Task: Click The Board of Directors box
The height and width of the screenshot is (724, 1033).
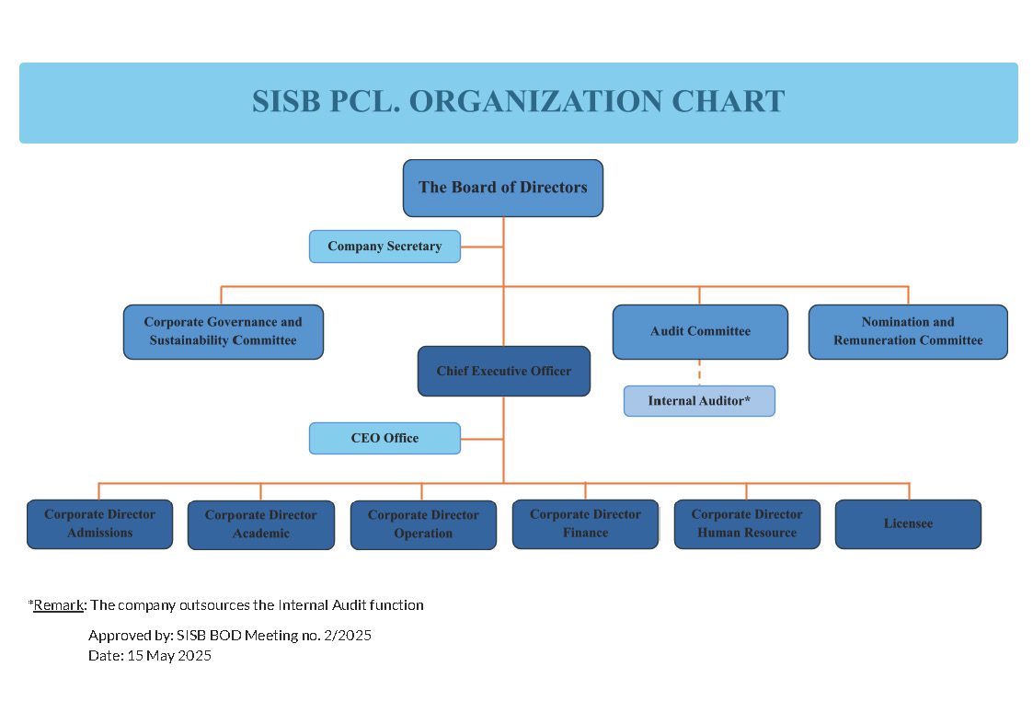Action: coord(502,188)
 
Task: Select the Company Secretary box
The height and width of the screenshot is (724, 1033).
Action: coord(385,247)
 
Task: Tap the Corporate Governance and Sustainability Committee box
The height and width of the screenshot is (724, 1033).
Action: coord(224,331)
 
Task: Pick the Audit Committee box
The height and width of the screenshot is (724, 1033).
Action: coord(700,331)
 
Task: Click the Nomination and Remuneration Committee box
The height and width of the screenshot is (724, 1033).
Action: coord(908,331)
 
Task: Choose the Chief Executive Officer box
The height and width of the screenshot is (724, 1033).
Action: coord(504,371)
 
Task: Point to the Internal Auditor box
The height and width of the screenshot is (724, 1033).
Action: coord(699,401)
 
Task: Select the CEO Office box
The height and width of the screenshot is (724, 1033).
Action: coord(385,438)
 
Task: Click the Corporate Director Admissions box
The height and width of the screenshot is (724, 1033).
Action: coord(99,523)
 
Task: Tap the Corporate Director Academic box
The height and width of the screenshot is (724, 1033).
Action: coord(261,524)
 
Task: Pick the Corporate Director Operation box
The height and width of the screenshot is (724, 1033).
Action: coord(423,524)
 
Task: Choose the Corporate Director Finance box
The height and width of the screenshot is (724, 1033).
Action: coord(585,523)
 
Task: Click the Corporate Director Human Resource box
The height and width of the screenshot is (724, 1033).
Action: coord(747,523)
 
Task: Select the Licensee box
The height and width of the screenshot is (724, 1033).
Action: coord(908,523)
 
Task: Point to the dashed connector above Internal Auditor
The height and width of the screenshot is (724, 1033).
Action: coord(699,373)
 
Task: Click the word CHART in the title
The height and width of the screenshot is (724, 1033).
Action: coord(728,101)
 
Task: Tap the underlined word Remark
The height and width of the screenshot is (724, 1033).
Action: coord(59,605)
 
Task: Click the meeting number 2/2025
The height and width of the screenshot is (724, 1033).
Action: coord(347,635)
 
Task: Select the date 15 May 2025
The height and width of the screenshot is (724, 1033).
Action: coord(169,656)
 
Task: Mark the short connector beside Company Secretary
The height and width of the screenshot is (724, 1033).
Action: coord(482,247)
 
